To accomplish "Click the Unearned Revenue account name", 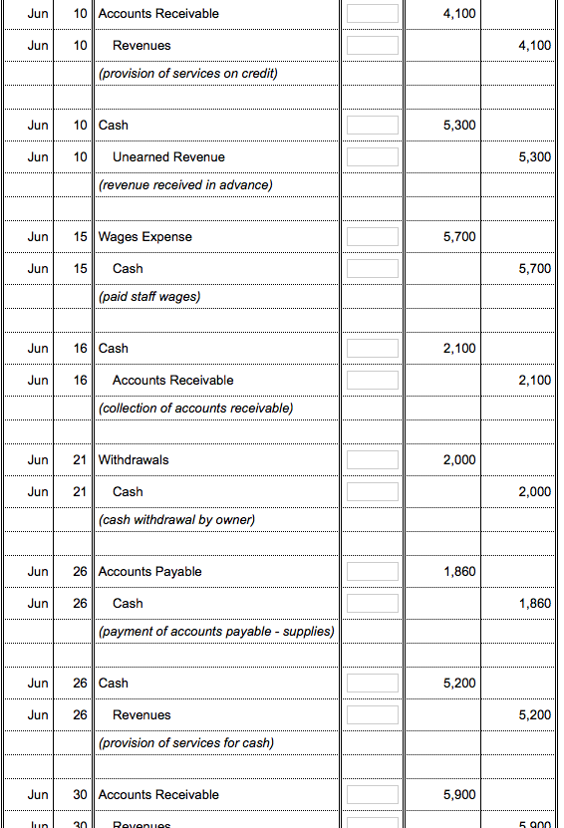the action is point(168,157).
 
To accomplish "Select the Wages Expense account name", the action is point(145,237).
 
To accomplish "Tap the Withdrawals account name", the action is point(134,460).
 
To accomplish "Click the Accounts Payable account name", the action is point(150,572).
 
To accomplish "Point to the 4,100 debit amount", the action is point(458,14).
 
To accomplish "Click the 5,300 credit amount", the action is point(535,157).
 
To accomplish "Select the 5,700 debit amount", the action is point(458,237).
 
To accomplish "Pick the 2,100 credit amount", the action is point(535,381).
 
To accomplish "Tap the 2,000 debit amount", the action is point(458,460).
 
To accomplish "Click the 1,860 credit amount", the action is point(535,604).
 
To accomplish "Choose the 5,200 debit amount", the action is point(458,684).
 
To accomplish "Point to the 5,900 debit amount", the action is point(458,795).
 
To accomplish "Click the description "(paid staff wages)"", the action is point(149,296).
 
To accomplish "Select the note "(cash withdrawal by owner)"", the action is point(176,519).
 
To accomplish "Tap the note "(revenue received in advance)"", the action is point(185,184).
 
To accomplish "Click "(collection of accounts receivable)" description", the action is point(196,408).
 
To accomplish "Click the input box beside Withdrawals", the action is point(373,460).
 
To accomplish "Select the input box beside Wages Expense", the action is point(373,237).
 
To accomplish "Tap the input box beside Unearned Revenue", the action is point(373,157).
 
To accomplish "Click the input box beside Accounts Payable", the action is point(373,572).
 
